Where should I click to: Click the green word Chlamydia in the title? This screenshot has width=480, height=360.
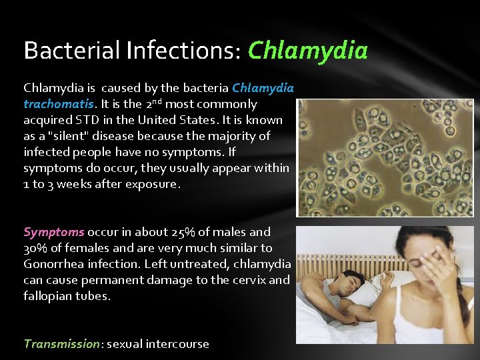pos(307,51)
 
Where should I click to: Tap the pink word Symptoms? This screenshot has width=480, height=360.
pos(53,232)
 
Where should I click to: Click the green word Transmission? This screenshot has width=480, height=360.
pos(61,344)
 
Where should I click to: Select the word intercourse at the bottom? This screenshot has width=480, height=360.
pos(177,344)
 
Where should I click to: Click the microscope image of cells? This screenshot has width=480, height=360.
pos(385,157)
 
